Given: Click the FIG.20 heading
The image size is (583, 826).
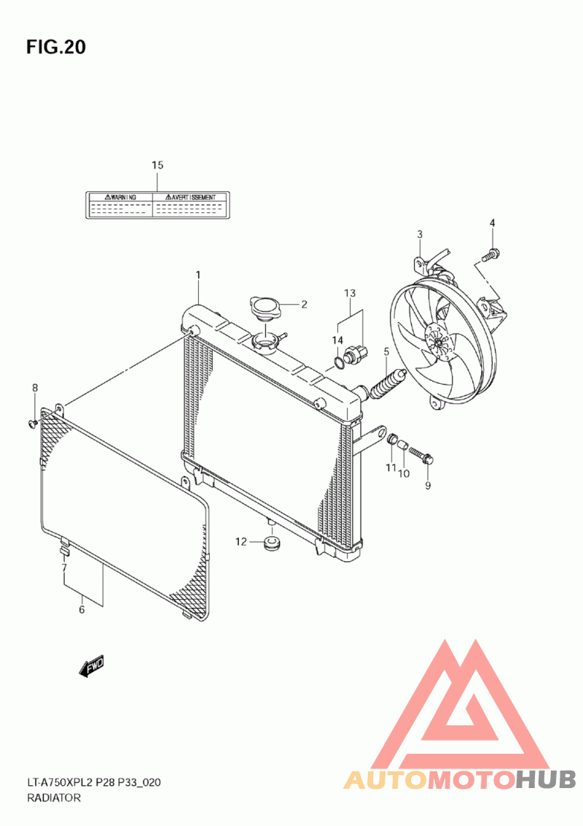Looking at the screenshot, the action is click(x=56, y=47).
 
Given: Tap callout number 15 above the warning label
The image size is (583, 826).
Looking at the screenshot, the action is click(x=157, y=165).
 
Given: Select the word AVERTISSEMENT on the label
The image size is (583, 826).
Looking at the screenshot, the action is click(x=194, y=197).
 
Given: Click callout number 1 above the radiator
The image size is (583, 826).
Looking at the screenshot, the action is click(x=198, y=274).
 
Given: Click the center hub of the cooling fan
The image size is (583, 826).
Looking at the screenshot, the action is click(x=437, y=341).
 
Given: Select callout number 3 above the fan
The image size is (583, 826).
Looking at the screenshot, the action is click(x=420, y=234).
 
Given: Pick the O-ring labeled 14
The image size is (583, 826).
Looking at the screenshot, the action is click(x=340, y=363).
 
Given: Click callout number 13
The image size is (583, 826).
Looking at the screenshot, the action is click(x=350, y=293).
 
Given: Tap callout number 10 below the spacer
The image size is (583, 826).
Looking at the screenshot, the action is click(x=404, y=474).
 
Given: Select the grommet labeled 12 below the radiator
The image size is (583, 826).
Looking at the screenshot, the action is click(x=272, y=543).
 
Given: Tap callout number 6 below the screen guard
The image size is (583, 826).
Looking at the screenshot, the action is click(x=82, y=609).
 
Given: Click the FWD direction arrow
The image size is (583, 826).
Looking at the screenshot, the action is click(x=91, y=665).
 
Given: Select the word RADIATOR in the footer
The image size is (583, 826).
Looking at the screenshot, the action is click(x=54, y=798).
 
